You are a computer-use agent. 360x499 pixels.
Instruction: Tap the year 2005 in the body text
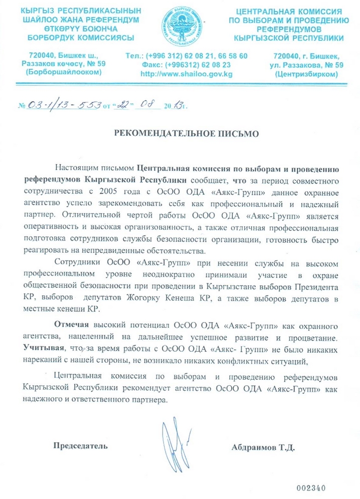click(110, 192)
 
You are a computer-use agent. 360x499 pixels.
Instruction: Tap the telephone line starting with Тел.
click(187, 56)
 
